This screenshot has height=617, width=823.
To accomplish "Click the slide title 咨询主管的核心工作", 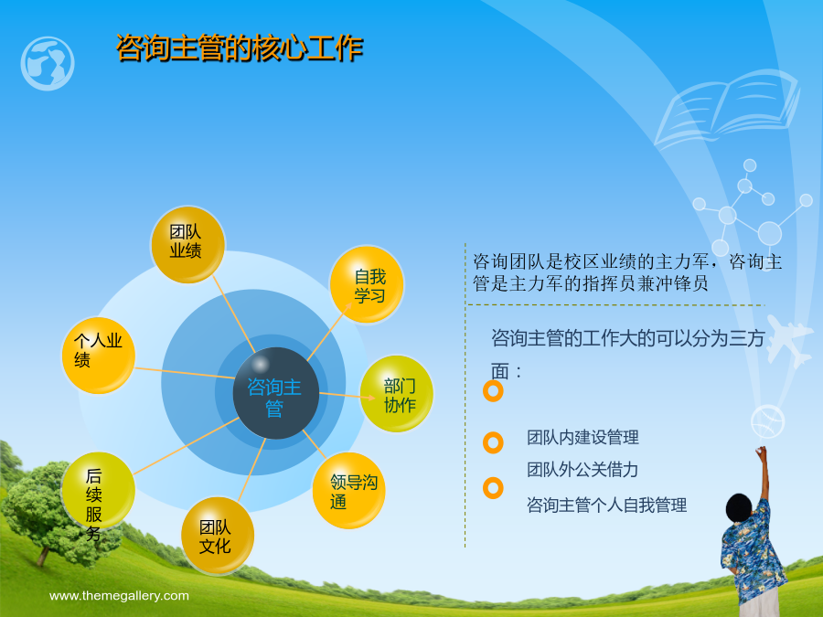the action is [240, 48].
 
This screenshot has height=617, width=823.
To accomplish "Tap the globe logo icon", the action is [48, 63].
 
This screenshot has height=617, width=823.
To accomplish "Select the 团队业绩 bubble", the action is [187, 244].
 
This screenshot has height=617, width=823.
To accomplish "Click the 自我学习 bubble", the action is [367, 284].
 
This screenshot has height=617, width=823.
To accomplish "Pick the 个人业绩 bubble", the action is [99, 356].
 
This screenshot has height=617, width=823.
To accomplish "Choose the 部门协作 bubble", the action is [396, 393].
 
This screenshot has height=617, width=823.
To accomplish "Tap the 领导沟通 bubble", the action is [349, 491].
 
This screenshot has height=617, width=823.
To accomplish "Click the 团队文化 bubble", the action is [218, 536].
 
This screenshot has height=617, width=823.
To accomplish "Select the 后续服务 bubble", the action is [98, 491].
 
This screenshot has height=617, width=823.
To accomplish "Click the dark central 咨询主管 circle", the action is [276, 393].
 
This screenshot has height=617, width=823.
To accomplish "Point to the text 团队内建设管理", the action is [583, 437].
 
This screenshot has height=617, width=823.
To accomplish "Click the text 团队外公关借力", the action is [583, 469].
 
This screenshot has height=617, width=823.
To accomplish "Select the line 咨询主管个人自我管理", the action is [607, 505].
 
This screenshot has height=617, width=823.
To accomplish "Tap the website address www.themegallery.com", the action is [119, 595].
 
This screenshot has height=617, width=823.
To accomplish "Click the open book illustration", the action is [727, 108].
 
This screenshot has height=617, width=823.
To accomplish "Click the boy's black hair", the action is [742, 508].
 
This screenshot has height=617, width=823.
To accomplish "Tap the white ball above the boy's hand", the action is [767, 421].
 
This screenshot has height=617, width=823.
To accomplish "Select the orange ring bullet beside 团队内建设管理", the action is [493, 442].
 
